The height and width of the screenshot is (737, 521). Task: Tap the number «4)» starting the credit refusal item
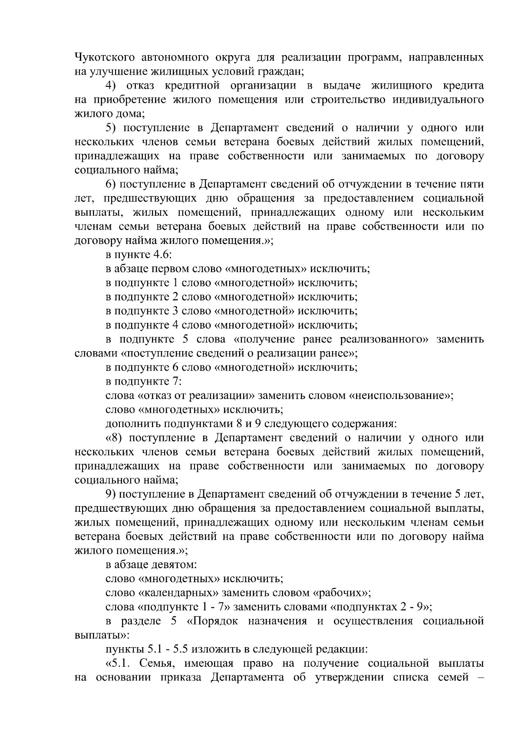click(112, 86)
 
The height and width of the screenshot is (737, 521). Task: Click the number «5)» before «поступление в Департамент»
click(112, 128)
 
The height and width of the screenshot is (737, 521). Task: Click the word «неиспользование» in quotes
click(401, 396)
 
